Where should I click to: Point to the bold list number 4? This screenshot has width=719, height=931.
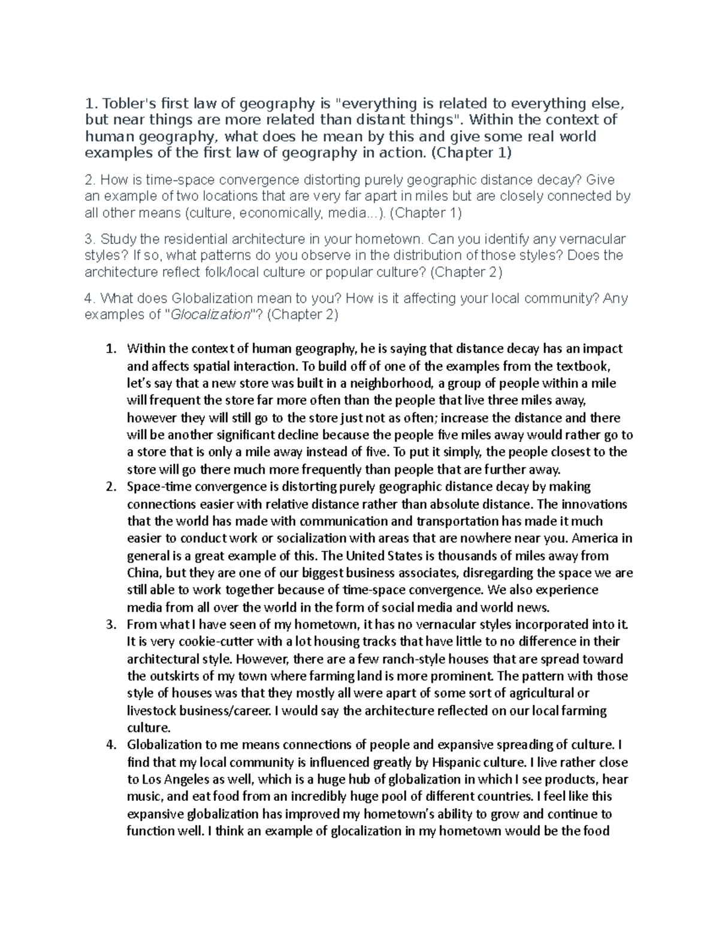(x=110, y=745)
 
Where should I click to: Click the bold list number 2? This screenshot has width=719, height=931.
(x=110, y=486)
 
